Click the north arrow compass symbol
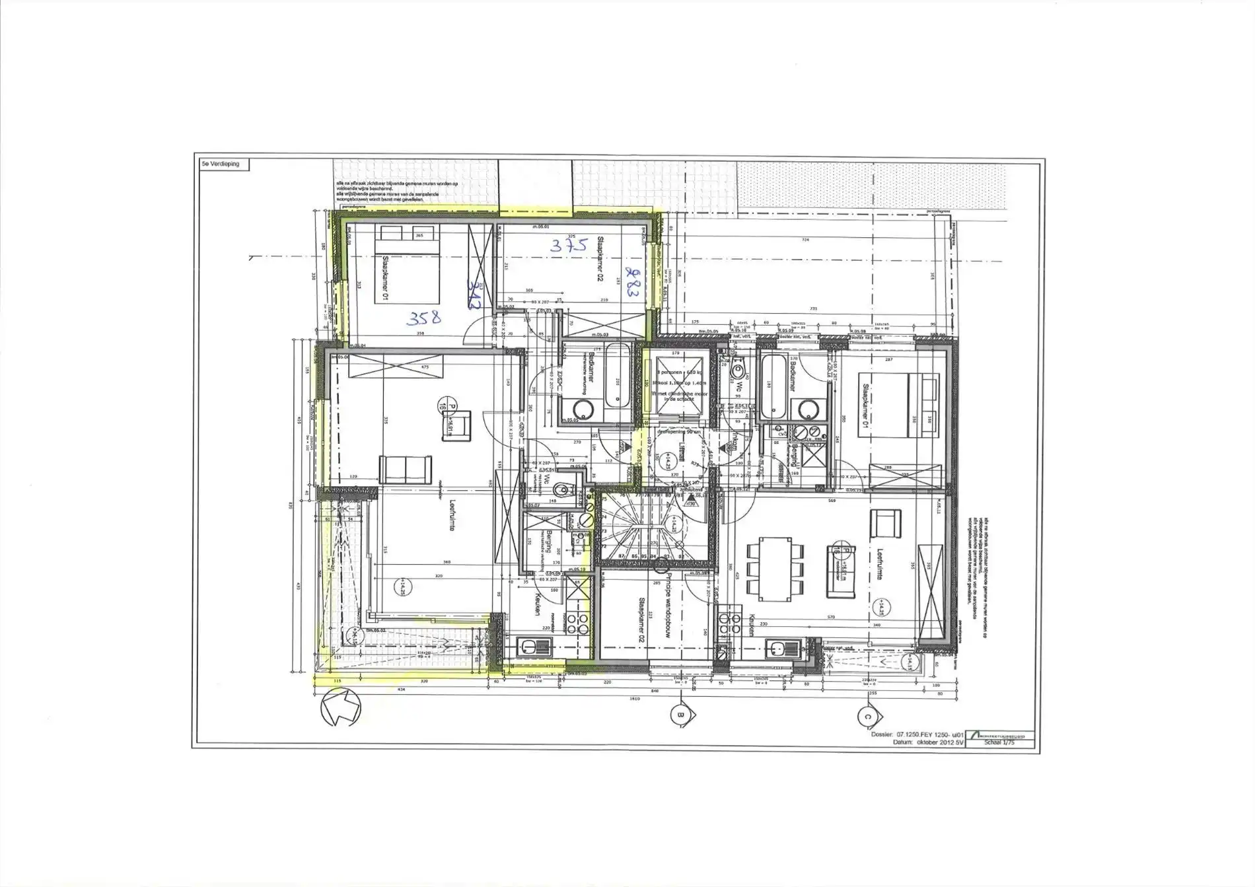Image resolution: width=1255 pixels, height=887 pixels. coord(341,707)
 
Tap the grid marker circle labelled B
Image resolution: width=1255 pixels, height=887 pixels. coord(679,713)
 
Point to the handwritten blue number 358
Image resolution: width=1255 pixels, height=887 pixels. coord(423,318)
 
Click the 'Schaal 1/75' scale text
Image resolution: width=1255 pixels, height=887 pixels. coord(999,742)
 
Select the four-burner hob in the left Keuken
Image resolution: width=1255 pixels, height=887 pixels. coord(577,622)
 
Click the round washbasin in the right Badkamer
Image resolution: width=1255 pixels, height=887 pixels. coord(805,409)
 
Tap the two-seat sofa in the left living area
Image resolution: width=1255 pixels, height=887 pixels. coord(406,468)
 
